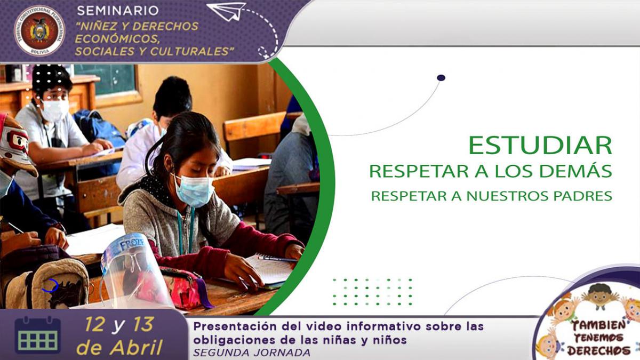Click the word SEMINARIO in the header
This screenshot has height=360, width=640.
[118, 11]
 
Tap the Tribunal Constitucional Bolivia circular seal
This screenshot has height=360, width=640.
[39, 30]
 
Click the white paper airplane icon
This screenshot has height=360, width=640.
[227, 11]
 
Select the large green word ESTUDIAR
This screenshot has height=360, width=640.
[540, 146]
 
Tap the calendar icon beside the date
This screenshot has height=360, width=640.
[37, 335]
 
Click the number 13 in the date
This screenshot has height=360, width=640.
[142, 325]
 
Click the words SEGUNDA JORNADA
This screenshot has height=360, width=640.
[252, 353]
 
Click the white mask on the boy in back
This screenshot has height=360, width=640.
[55, 110]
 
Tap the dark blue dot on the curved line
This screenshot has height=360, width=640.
[441, 78]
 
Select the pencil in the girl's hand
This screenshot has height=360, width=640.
[278, 259]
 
